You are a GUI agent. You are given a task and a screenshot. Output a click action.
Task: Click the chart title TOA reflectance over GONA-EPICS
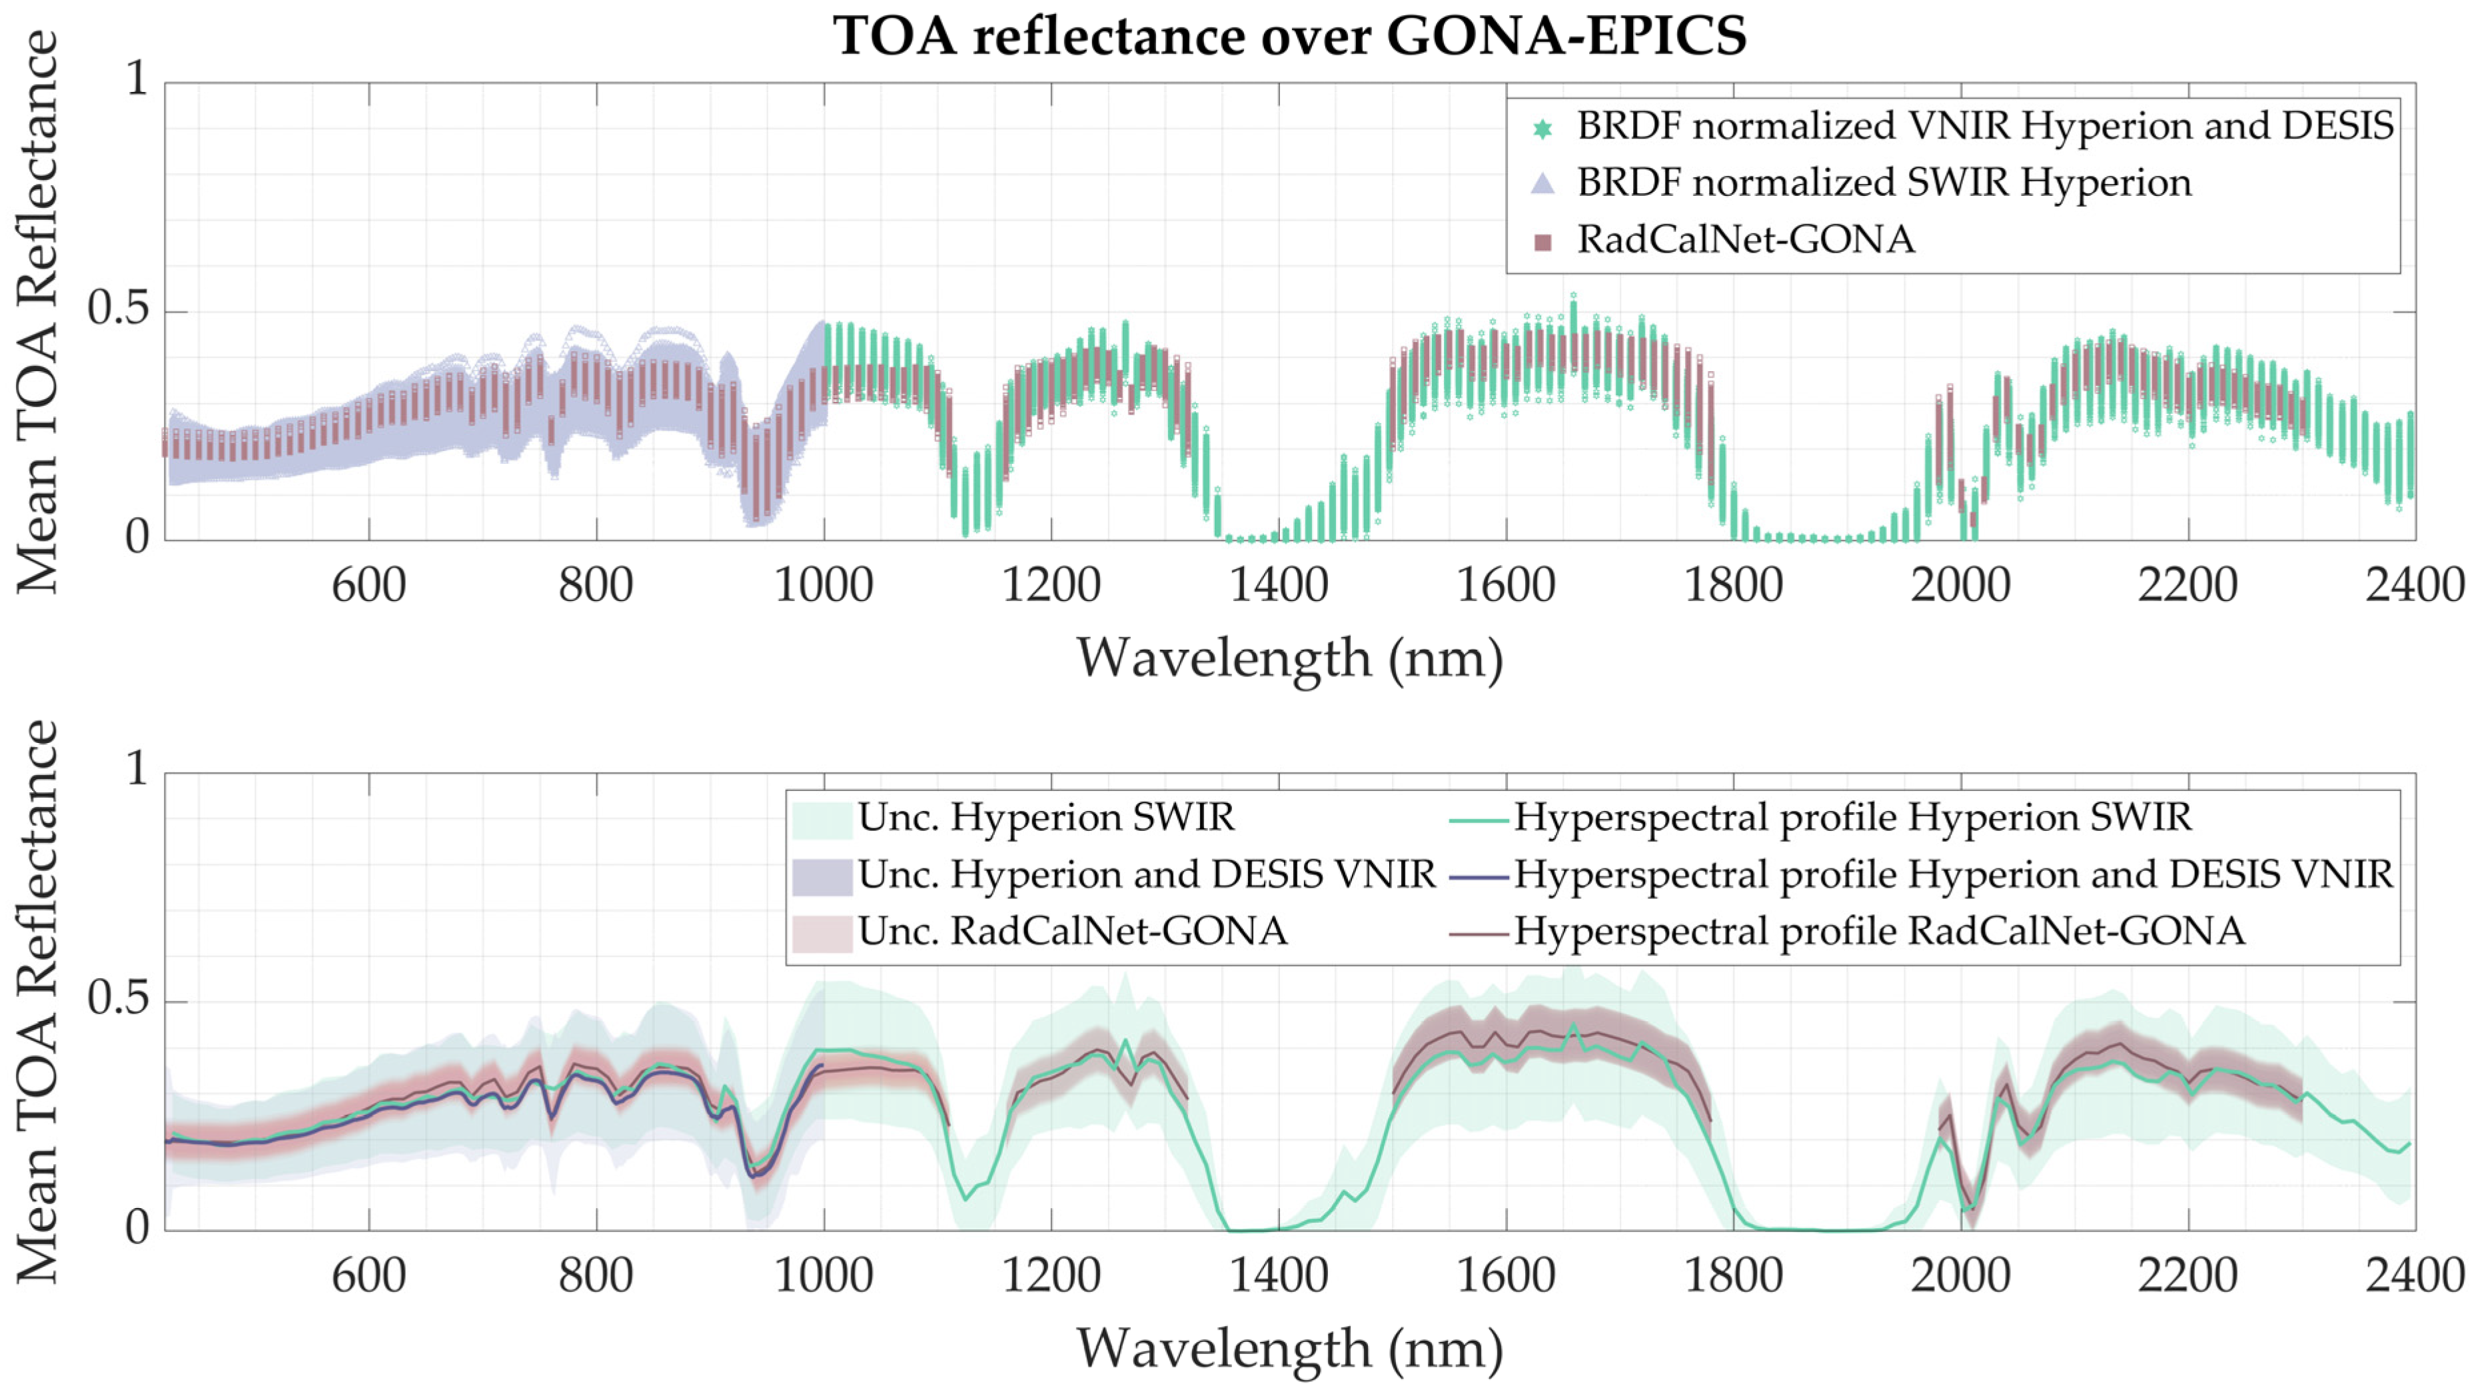tap(1289, 37)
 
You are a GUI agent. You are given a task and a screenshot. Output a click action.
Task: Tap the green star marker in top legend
tap(1542, 128)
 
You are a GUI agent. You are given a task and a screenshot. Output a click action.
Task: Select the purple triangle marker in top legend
tap(1542, 183)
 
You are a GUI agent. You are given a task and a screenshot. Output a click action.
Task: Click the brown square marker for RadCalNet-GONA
tap(1542, 241)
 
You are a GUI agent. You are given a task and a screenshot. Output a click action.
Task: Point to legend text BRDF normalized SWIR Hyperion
tap(1884, 183)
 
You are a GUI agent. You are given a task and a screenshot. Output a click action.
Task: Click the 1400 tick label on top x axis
tap(1279, 586)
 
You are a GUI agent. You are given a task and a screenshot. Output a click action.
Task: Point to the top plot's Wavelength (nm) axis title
tap(1289, 659)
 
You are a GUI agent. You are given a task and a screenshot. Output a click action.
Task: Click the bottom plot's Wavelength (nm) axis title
tap(1289, 1349)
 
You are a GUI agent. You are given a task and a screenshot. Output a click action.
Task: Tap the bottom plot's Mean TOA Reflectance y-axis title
tap(39, 1001)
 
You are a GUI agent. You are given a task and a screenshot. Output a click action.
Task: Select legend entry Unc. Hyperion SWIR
tap(1045, 818)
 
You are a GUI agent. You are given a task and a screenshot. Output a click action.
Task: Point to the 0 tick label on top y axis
tap(137, 538)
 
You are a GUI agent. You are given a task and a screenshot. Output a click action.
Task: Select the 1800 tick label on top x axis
tap(1734, 586)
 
